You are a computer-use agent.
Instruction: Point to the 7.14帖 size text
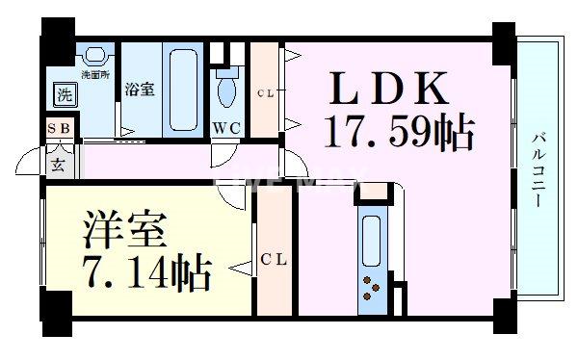click(x=144, y=276)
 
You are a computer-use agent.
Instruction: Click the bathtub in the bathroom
click(x=181, y=90)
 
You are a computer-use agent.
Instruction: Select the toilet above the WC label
click(x=227, y=89)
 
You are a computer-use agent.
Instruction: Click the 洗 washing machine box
click(x=64, y=94)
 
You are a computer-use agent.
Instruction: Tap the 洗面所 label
click(x=94, y=73)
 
